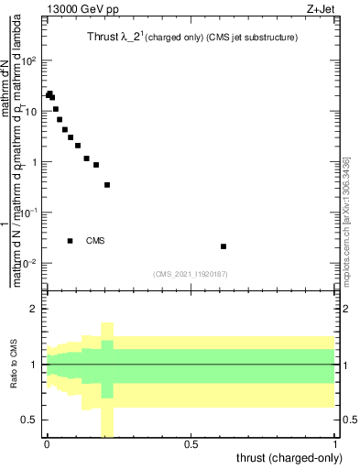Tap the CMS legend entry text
point(95,241)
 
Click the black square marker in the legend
point(70,241)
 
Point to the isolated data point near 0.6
point(224,246)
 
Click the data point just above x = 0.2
point(107,185)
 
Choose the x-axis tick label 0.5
point(191,446)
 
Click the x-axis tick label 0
point(47,446)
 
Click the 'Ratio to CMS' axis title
point(13,366)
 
